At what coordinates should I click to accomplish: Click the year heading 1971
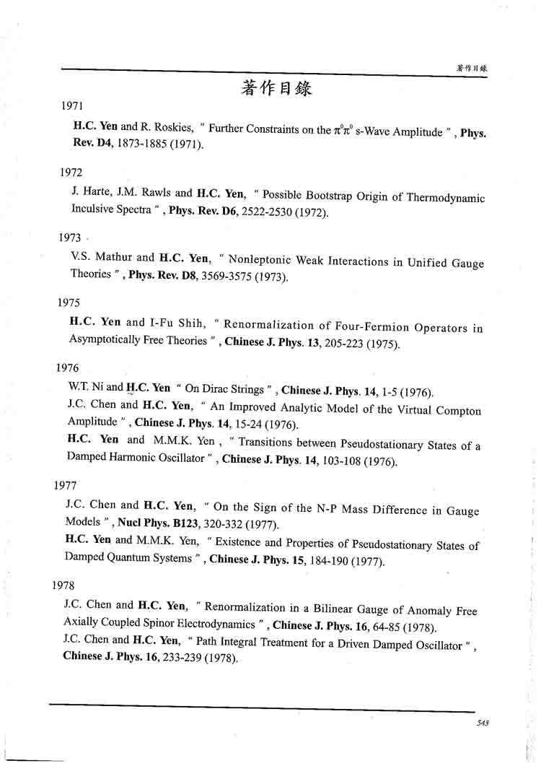tap(73, 105)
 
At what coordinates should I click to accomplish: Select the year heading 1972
tap(71, 172)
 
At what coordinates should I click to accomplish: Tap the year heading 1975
tap(69, 303)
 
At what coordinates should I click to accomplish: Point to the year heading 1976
tap(68, 367)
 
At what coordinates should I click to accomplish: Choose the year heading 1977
tap(66, 485)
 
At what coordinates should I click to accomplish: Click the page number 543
tap(483, 723)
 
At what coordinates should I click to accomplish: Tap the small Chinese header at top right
tap(472, 67)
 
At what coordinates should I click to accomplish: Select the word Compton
tap(457, 410)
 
